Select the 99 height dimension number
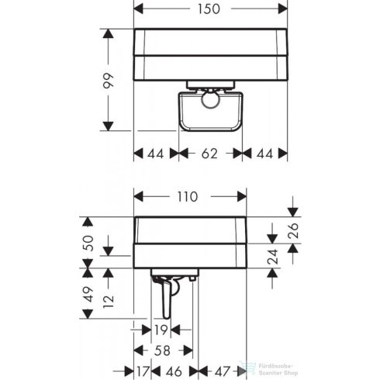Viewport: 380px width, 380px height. point(109,80)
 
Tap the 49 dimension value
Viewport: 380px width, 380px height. point(89,294)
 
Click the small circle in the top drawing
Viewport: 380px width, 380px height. point(210,99)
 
